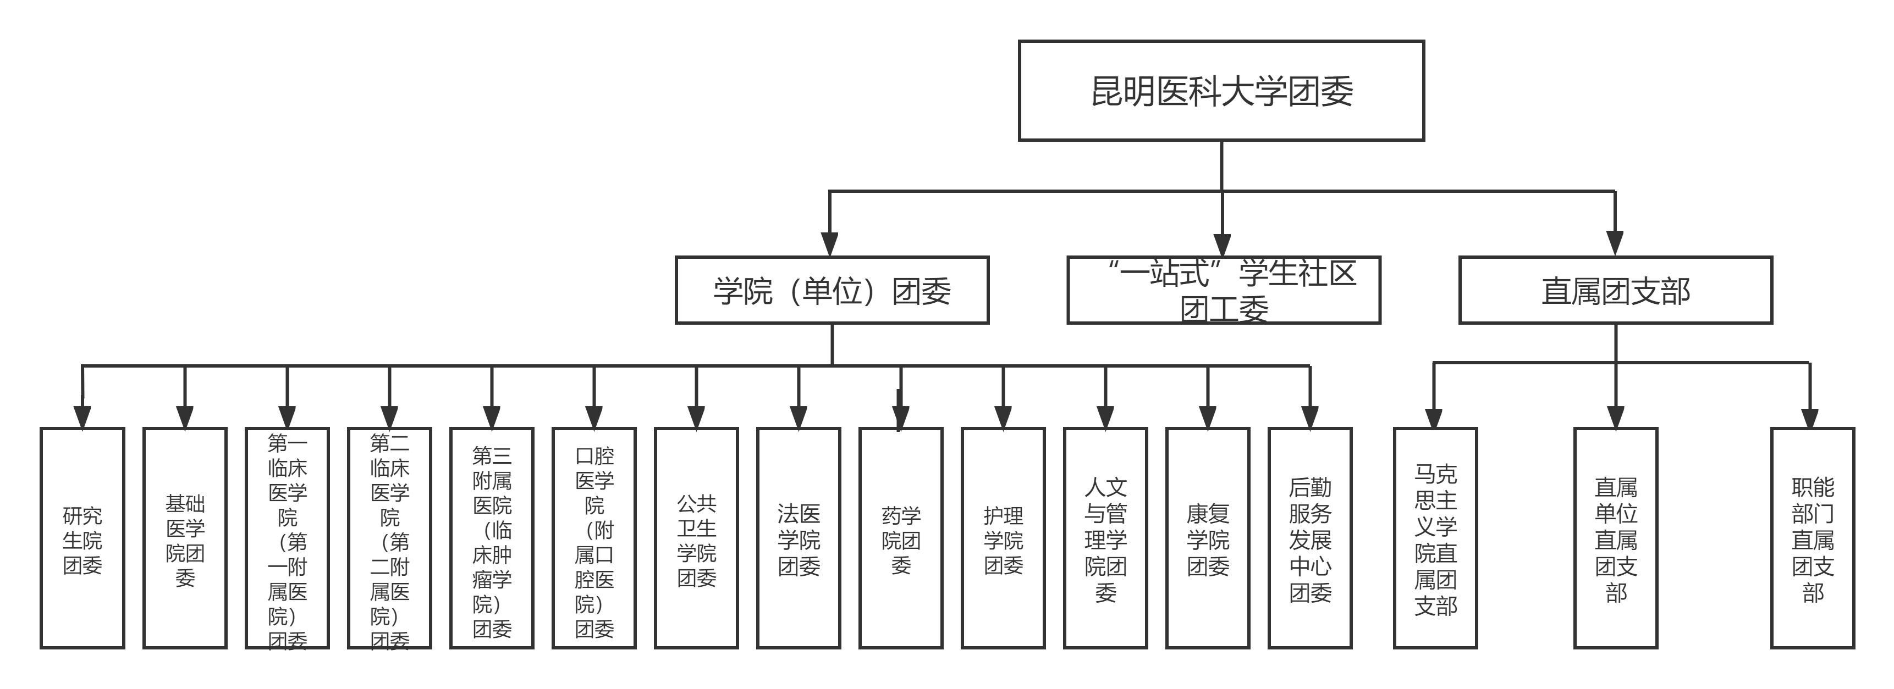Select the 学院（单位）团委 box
pos(832,290)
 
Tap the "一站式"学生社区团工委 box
pos(1224,290)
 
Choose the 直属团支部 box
pos(1615,290)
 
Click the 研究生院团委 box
pos(82,538)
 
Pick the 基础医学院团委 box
pos(185,538)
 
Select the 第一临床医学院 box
pos(287,538)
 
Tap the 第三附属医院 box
pos(491,538)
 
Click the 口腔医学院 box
pos(593,538)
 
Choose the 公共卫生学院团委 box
pos(696,538)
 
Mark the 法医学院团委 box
pos(799,538)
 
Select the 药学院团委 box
pos(901,538)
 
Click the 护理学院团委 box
pos(1003,538)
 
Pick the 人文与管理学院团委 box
pos(1105,538)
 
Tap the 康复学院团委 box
pos(1207,538)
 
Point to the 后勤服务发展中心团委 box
pos(1309,538)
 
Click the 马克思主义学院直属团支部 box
pos(1435,538)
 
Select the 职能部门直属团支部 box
pos(1813,538)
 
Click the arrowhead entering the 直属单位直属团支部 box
pos(1615,417)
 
